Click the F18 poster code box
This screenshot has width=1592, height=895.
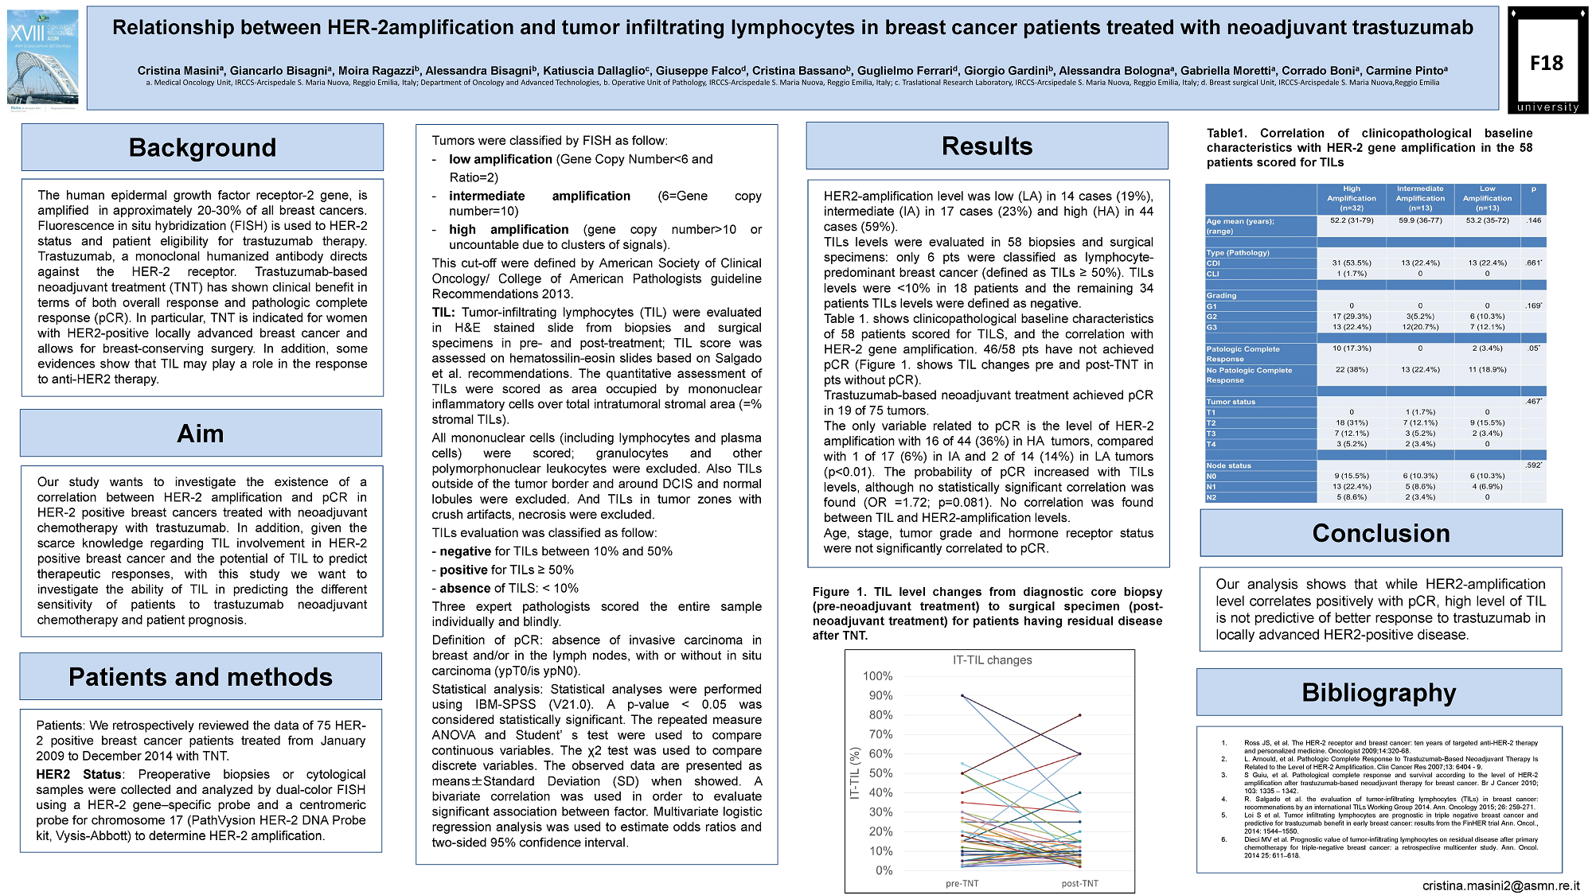click(x=1547, y=63)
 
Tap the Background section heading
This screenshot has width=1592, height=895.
click(x=202, y=148)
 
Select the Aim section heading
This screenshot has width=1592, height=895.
click(x=201, y=434)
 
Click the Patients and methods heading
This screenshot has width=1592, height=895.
click(x=201, y=677)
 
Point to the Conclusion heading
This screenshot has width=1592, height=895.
click(x=1381, y=533)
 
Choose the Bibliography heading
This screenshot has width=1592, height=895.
click(x=1379, y=693)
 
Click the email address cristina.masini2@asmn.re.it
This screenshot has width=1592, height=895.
click(x=1500, y=885)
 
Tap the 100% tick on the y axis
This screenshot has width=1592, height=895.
click(x=878, y=676)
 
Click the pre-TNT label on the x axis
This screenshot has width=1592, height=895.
click(x=962, y=883)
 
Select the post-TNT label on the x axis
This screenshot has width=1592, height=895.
click(x=1079, y=883)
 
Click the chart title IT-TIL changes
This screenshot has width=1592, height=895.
click(x=992, y=660)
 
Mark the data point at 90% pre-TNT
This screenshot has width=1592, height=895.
click(x=962, y=696)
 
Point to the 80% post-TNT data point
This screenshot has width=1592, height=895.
click(x=1080, y=715)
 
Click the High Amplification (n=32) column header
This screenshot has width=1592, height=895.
click(x=1351, y=198)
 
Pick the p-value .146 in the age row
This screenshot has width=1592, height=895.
click(x=1533, y=220)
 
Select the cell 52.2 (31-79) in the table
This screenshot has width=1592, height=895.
click(x=1351, y=220)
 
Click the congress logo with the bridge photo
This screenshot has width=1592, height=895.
click(x=43, y=60)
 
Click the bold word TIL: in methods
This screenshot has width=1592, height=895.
click(x=443, y=313)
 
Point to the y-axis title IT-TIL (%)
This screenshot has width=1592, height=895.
click(x=856, y=773)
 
